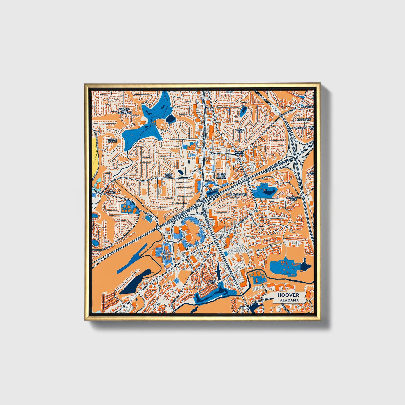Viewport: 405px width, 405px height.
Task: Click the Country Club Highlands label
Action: tap(124, 111)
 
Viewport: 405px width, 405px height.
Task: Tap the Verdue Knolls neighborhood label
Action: tap(112, 140)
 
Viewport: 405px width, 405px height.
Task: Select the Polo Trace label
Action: tap(168, 175)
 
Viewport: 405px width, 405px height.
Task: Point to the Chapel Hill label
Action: tap(240, 131)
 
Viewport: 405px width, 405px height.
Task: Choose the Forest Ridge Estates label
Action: tap(221, 176)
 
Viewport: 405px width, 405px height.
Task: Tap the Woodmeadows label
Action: tap(237, 194)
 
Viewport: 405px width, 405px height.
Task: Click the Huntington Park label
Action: tap(293, 198)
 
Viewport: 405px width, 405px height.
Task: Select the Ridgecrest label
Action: tap(304, 119)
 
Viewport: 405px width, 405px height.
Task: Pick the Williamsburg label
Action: tap(299, 127)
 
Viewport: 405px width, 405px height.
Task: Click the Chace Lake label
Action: tap(212, 282)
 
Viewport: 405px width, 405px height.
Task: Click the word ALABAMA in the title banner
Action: tap(289, 300)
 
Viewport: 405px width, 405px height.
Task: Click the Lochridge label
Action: tap(306, 107)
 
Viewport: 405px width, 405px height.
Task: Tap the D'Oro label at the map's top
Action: tap(230, 92)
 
